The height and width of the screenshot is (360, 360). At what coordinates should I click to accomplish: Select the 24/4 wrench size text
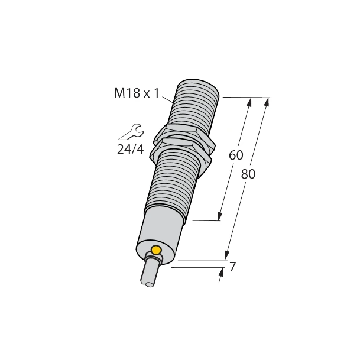coord(130,149)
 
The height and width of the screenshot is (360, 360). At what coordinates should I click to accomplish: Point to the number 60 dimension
coord(236,155)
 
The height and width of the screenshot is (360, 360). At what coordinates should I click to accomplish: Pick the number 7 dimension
coord(233,267)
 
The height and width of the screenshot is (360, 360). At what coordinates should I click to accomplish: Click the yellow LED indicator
coord(156,250)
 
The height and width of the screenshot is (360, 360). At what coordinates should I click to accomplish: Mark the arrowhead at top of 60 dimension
coord(249,102)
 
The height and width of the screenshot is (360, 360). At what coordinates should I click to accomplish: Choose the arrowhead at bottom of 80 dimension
coord(226,254)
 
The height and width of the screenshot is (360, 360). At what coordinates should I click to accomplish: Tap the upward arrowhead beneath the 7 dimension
coord(220,273)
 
